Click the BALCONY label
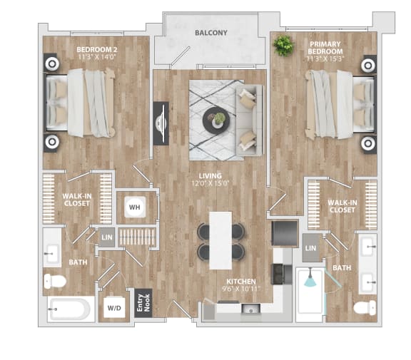point(210,33)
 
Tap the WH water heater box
point(133,207)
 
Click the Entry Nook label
point(143,304)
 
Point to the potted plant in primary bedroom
point(283,46)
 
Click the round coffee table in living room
point(215,120)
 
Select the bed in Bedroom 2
point(80,102)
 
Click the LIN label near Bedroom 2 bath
point(106,237)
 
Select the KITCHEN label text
point(241,282)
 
